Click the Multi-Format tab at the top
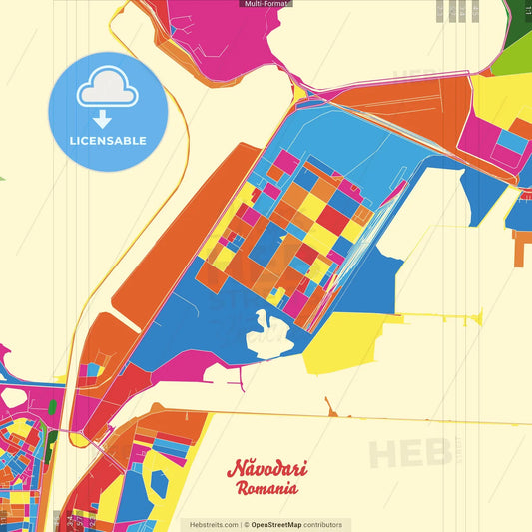[x=266, y=4]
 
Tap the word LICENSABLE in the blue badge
[x=108, y=141]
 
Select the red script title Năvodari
[x=266, y=469]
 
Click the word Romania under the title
[x=266, y=489]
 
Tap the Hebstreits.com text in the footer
[x=211, y=524]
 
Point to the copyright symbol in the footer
[x=246, y=524]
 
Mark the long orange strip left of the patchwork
[x=180, y=230]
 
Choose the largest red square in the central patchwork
[x=332, y=220]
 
